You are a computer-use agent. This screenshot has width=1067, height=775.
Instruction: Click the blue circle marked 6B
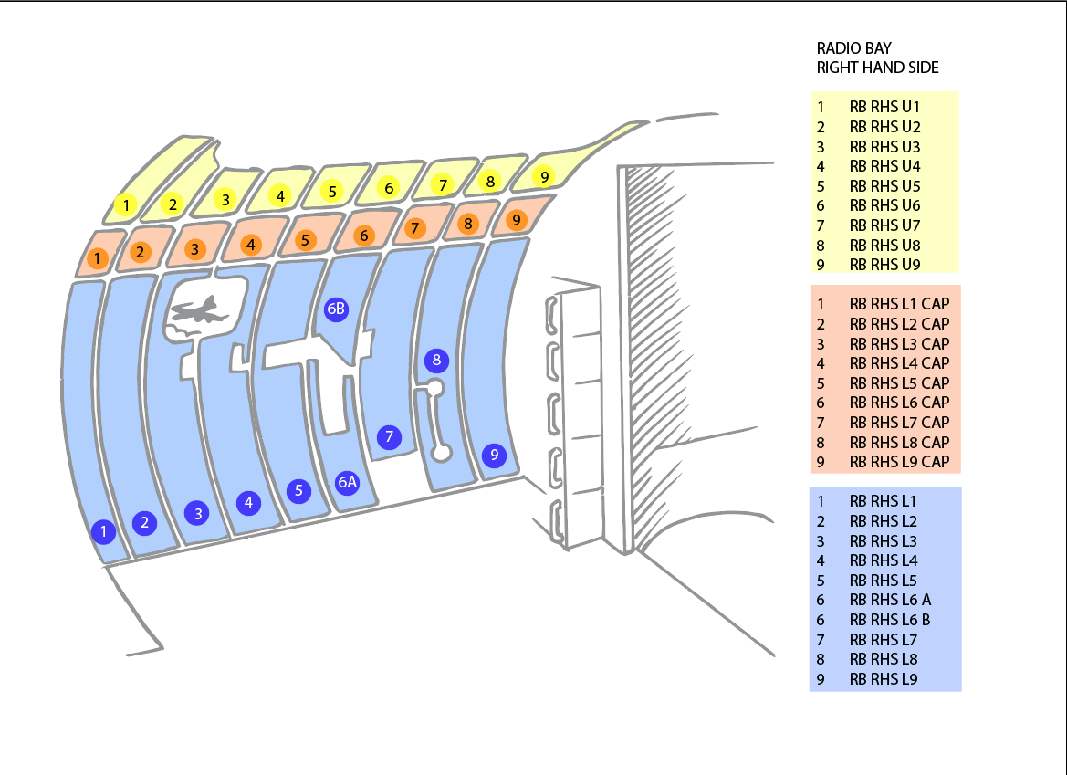point(336,309)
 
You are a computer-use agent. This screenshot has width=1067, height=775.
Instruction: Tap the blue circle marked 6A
point(347,482)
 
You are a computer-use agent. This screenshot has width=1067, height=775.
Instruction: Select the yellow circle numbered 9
point(543,176)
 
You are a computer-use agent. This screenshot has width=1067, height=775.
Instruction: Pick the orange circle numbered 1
point(97,259)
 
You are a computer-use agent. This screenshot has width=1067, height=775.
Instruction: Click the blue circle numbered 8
point(436,360)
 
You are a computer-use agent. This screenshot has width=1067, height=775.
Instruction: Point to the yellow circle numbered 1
point(126,205)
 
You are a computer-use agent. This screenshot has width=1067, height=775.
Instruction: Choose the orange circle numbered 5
point(305,241)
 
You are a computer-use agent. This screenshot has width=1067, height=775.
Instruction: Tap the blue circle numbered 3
point(198,513)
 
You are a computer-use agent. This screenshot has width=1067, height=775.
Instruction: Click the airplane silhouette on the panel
point(200,310)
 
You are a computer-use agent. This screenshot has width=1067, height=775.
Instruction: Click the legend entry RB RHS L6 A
point(890,600)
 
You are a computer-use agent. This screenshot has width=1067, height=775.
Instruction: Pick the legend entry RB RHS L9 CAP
point(899,462)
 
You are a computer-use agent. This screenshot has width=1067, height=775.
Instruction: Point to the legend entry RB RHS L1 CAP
point(899,304)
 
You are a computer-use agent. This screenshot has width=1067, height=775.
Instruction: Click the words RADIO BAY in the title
point(853,47)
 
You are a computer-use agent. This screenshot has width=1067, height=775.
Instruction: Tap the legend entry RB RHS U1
point(884,107)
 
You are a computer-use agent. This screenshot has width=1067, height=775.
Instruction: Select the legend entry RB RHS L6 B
point(890,620)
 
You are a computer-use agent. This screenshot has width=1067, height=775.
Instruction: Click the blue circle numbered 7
point(389,436)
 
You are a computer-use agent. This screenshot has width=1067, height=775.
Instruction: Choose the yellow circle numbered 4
point(281,195)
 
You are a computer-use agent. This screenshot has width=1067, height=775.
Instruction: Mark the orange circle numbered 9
point(516,220)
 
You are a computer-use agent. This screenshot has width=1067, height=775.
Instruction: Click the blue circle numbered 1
point(104,530)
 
